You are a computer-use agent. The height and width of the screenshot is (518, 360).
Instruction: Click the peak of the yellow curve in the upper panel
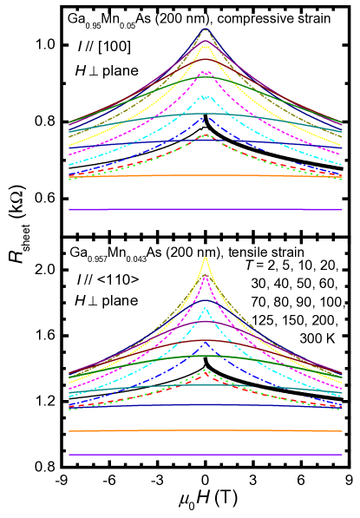tap(206, 47)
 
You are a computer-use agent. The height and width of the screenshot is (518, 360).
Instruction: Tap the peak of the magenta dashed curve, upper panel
tap(206, 72)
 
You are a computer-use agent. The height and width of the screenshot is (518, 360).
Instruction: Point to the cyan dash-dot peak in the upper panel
tap(206, 95)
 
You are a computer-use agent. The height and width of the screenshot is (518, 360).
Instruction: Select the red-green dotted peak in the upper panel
tap(206, 135)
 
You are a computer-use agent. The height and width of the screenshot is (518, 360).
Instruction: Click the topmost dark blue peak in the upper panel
tap(206, 30)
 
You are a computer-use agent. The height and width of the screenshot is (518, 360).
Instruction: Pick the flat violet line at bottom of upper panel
tap(206, 209)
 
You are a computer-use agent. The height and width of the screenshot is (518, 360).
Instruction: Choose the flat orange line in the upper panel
tap(206, 175)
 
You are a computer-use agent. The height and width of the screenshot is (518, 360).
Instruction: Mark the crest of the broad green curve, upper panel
tap(206, 78)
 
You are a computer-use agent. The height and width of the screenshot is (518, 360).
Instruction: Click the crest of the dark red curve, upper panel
tap(206, 39)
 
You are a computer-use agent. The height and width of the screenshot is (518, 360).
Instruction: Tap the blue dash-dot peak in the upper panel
tap(206, 117)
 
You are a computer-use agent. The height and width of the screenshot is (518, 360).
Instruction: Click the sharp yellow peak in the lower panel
tap(206, 257)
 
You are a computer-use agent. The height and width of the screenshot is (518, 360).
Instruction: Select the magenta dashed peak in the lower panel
tap(206, 277)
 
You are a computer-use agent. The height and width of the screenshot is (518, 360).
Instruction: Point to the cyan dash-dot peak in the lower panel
tap(206, 308)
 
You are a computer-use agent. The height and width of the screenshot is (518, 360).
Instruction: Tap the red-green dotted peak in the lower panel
tap(206, 371)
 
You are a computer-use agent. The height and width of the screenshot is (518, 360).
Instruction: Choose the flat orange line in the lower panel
tap(206, 430)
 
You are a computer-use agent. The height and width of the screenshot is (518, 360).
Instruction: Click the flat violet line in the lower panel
tap(206, 455)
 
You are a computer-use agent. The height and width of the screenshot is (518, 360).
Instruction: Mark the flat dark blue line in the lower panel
tap(206, 404)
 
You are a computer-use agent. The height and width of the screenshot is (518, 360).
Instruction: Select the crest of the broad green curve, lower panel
tap(206, 356)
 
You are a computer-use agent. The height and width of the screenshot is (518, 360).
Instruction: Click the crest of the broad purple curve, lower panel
tap(206, 322)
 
